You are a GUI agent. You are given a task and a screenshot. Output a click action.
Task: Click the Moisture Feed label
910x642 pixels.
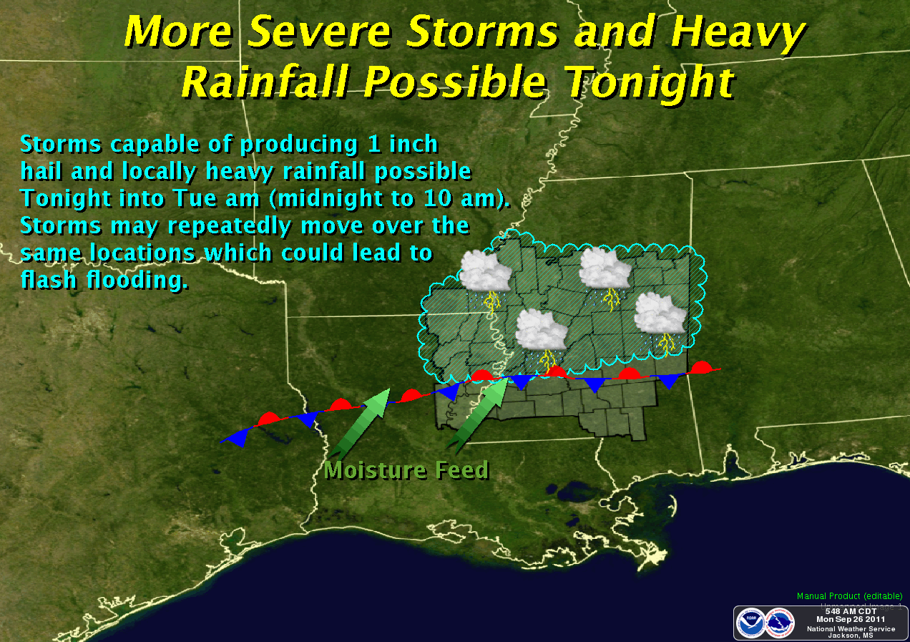(406, 470)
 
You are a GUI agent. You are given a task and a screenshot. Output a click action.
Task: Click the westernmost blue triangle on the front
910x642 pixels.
(236, 437)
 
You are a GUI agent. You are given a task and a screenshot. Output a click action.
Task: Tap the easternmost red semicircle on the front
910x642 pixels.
(702, 368)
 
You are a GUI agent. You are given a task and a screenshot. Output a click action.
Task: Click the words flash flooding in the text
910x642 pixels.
(104, 281)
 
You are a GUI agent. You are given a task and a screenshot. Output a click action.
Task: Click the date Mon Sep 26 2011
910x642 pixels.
(850, 619)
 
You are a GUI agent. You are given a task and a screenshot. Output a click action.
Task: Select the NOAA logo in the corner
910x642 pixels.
(752, 621)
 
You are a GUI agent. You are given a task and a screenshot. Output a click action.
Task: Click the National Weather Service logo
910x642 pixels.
(780, 621)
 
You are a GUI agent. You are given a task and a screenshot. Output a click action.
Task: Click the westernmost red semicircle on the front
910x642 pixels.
(270, 417)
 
